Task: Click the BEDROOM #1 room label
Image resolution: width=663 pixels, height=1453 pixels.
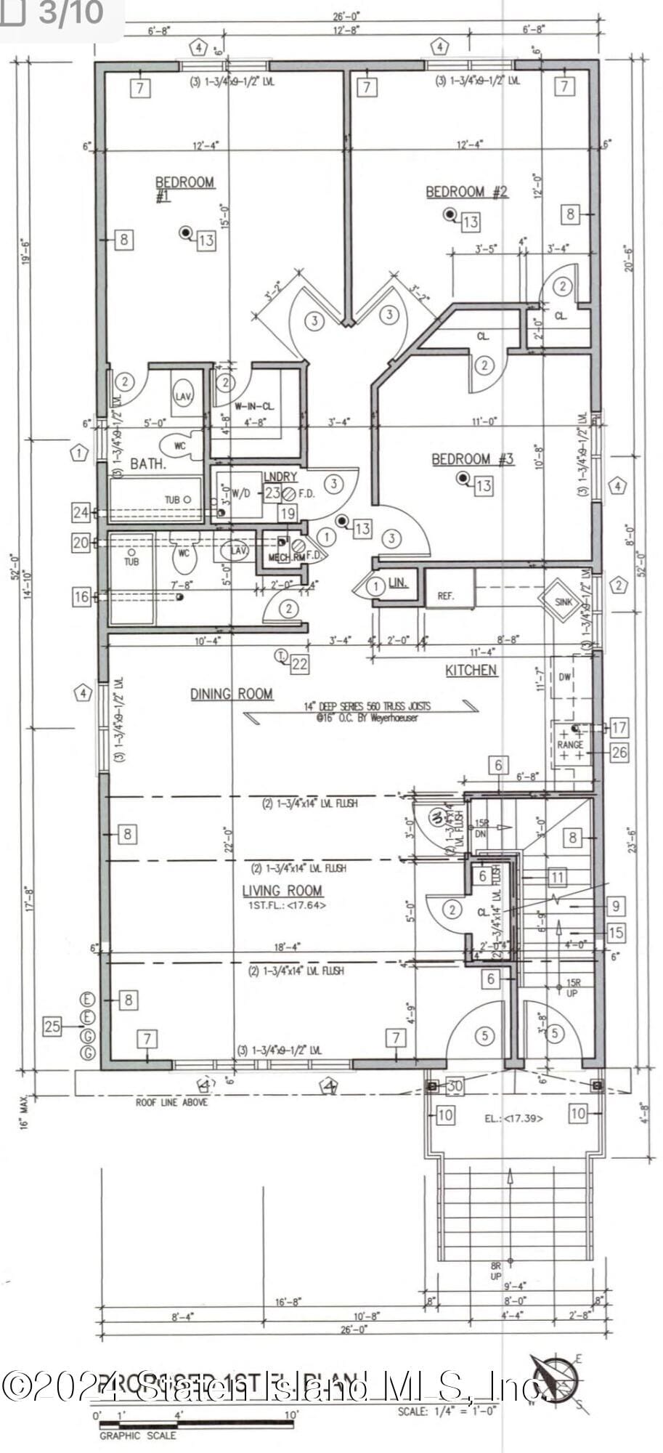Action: (184, 187)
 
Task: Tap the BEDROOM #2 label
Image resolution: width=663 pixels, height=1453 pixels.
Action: (466, 192)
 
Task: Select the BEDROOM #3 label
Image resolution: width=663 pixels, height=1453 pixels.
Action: (472, 459)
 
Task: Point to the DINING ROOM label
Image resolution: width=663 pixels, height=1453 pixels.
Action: (232, 694)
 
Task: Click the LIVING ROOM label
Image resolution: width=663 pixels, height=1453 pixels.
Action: (282, 891)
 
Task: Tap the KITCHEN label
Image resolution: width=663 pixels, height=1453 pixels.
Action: (471, 670)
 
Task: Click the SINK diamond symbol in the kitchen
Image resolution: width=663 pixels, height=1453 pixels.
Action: (563, 601)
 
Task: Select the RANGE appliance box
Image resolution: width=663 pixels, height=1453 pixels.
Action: (571, 744)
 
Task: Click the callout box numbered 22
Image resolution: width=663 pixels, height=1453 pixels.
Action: (299, 663)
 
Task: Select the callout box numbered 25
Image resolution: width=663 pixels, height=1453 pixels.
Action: (52, 1027)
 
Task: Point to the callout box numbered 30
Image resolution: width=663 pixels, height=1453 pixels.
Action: (455, 1085)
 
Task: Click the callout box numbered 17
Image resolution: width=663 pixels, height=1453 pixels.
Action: (619, 726)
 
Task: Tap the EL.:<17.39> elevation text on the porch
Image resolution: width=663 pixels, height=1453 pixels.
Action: (513, 1118)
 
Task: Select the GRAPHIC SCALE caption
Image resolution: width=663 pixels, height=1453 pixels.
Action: (137, 1435)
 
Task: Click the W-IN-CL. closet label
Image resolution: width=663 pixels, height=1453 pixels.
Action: (253, 406)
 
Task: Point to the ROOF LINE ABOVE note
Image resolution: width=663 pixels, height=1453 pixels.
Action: (171, 1102)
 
